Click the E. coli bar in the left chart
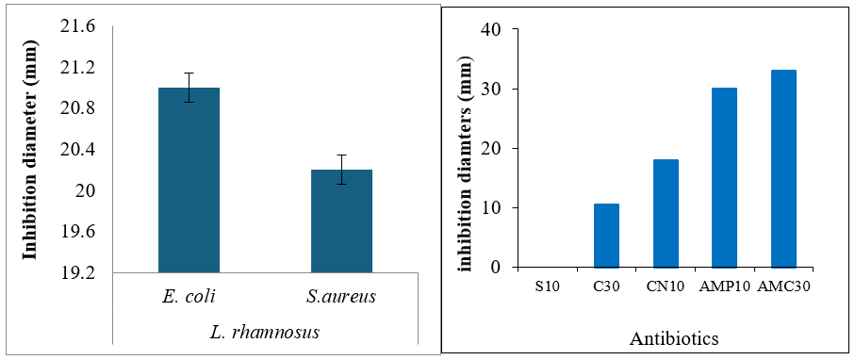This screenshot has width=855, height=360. [x=189, y=180]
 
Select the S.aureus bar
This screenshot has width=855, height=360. [x=341, y=221]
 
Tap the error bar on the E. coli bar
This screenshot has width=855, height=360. [x=189, y=88]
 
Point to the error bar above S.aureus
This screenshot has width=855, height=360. [x=341, y=170]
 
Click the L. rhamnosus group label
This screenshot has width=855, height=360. [x=265, y=332]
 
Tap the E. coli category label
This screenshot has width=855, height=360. [x=189, y=297]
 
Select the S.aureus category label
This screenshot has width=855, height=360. [x=342, y=297]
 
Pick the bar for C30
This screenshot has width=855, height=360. [x=606, y=236]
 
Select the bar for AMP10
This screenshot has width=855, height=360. [x=724, y=178]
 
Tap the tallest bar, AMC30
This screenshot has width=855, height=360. [x=783, y=169]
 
